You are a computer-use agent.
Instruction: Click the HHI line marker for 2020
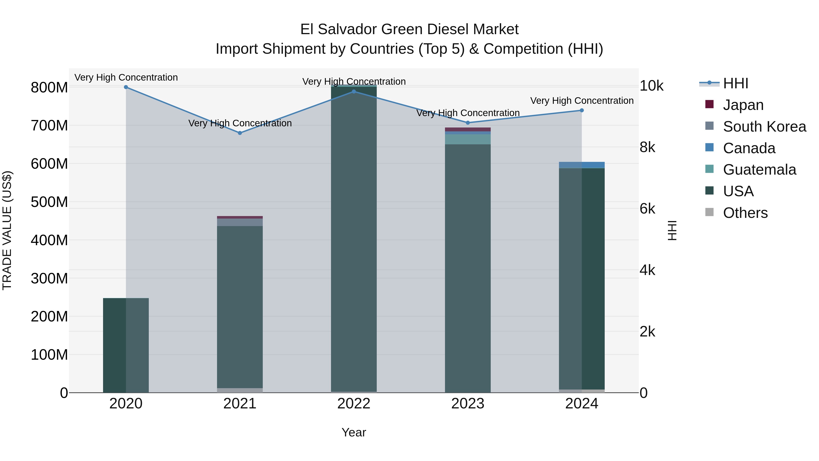[x=126, y=87]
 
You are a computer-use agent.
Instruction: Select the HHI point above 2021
[x=240, y=133]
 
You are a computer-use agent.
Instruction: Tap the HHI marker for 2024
[x=582, y=110]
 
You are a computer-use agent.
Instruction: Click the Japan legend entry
[x=743, y=105]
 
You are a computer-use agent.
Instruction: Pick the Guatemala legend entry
[x=759, y=170]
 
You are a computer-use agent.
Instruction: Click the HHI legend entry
[x=735, y=83]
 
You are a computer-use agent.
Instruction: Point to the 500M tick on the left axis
[x=49, y=202]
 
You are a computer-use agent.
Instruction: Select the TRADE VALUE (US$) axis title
[x=7, y=230]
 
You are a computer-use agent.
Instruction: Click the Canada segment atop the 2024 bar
[x=582, y=165]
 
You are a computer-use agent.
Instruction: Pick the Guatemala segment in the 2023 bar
[x=468, y=139]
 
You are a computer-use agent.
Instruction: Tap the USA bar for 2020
[x=126, y=345]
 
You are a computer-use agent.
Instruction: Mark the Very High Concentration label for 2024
[x=582, y=101]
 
